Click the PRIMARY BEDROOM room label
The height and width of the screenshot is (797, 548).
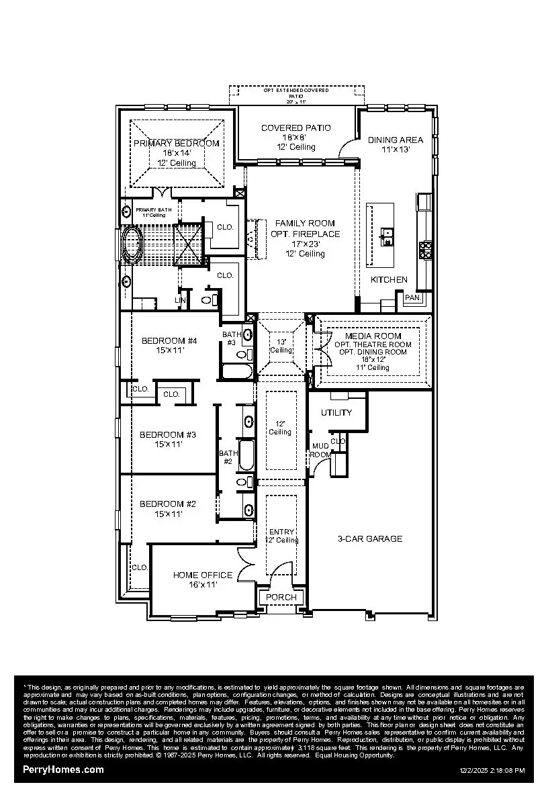pos(176,143)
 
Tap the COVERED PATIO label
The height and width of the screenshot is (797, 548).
pos(295,128)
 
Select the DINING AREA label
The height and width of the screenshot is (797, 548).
pos(396,140)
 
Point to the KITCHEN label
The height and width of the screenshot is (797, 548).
pos(389,279)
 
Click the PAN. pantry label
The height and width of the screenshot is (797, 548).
pos(412,297)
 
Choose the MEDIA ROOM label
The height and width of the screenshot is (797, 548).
pos(373,336)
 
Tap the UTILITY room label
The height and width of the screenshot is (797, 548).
pos(336,412)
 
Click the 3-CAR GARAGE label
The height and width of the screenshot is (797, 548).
pos(369,538)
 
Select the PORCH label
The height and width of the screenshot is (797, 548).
pos(281,597)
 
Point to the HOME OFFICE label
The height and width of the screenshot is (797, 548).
pos(203,575)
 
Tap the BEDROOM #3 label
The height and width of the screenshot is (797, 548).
pos(168,434)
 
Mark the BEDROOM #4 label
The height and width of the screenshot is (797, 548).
pos(169,340)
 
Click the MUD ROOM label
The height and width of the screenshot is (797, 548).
pos(320,450)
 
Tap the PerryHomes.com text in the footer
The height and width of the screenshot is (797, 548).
pos(63,769)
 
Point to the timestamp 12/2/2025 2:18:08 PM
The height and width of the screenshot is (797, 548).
pos(492,771)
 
